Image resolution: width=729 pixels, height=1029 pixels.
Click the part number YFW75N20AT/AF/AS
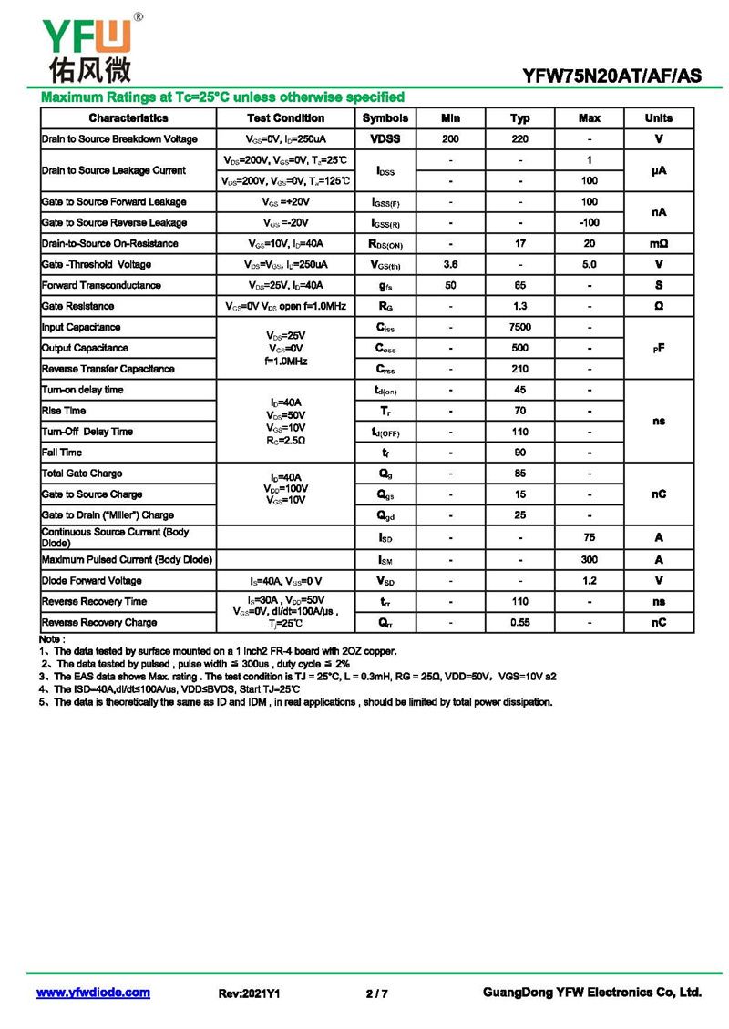click(x=611, y=76)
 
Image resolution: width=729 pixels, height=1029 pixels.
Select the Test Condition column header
click(x=285, y=118)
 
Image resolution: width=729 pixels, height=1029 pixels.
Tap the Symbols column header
click(x=385, y=118)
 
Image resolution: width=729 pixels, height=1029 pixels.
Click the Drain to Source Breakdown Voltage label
click(x=119, y=139)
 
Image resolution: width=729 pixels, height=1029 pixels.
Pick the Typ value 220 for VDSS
click(x=519, y=139)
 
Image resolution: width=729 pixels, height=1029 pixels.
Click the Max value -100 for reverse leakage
click(x=589, y=222)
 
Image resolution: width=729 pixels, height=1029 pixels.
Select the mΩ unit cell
click(x=659, y=243)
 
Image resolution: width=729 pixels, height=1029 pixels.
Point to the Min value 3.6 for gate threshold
click(x=450, y=264)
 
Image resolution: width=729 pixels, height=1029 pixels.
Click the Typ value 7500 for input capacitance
click(x=519, y=327)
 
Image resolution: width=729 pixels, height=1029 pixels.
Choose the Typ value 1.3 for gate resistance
click(x=519, y=306)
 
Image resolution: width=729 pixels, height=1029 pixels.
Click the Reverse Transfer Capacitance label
click(x=108, y=369)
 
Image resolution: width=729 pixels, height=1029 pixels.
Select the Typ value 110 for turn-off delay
click(x=519, y=432)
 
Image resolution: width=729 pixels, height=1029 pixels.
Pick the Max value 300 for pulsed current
click(x=589, y=559)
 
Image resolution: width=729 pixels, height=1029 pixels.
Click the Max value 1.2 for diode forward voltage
click(x=589, y=580)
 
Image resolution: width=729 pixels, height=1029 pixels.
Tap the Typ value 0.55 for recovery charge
click(x=519, y=622)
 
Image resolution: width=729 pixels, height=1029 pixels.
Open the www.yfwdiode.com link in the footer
click(x=93, y=993)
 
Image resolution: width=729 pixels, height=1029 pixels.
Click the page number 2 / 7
click(x=376, y=993)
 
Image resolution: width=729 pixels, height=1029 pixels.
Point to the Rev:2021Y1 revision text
click(x=249, y=993)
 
